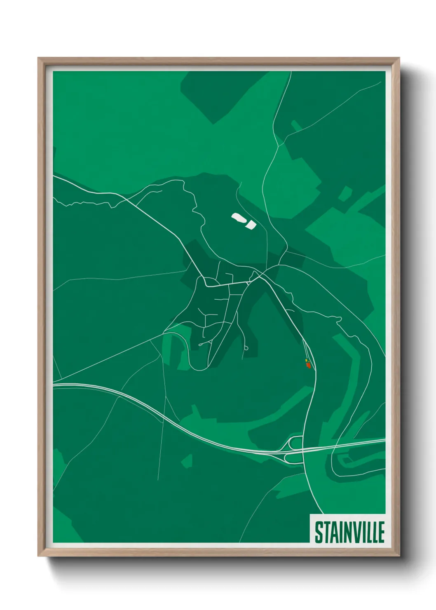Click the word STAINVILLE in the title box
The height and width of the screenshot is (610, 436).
click(x=349, y=532)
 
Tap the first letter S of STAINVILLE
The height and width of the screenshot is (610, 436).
click(x=319, y=532)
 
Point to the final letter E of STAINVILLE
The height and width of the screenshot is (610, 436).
click(x=381, y=532)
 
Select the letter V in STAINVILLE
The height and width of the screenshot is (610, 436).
click(x=353, y=532)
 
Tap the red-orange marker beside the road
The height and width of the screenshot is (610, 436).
click(x=308, y=365)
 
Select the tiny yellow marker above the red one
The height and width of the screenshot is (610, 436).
click(x=306, y=361)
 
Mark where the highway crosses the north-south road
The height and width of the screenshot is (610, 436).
click(x=304, y=449)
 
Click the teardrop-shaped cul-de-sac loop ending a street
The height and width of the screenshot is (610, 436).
click(x=246, y=349)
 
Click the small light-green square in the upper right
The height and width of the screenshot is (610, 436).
click(x=345, y=194)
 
